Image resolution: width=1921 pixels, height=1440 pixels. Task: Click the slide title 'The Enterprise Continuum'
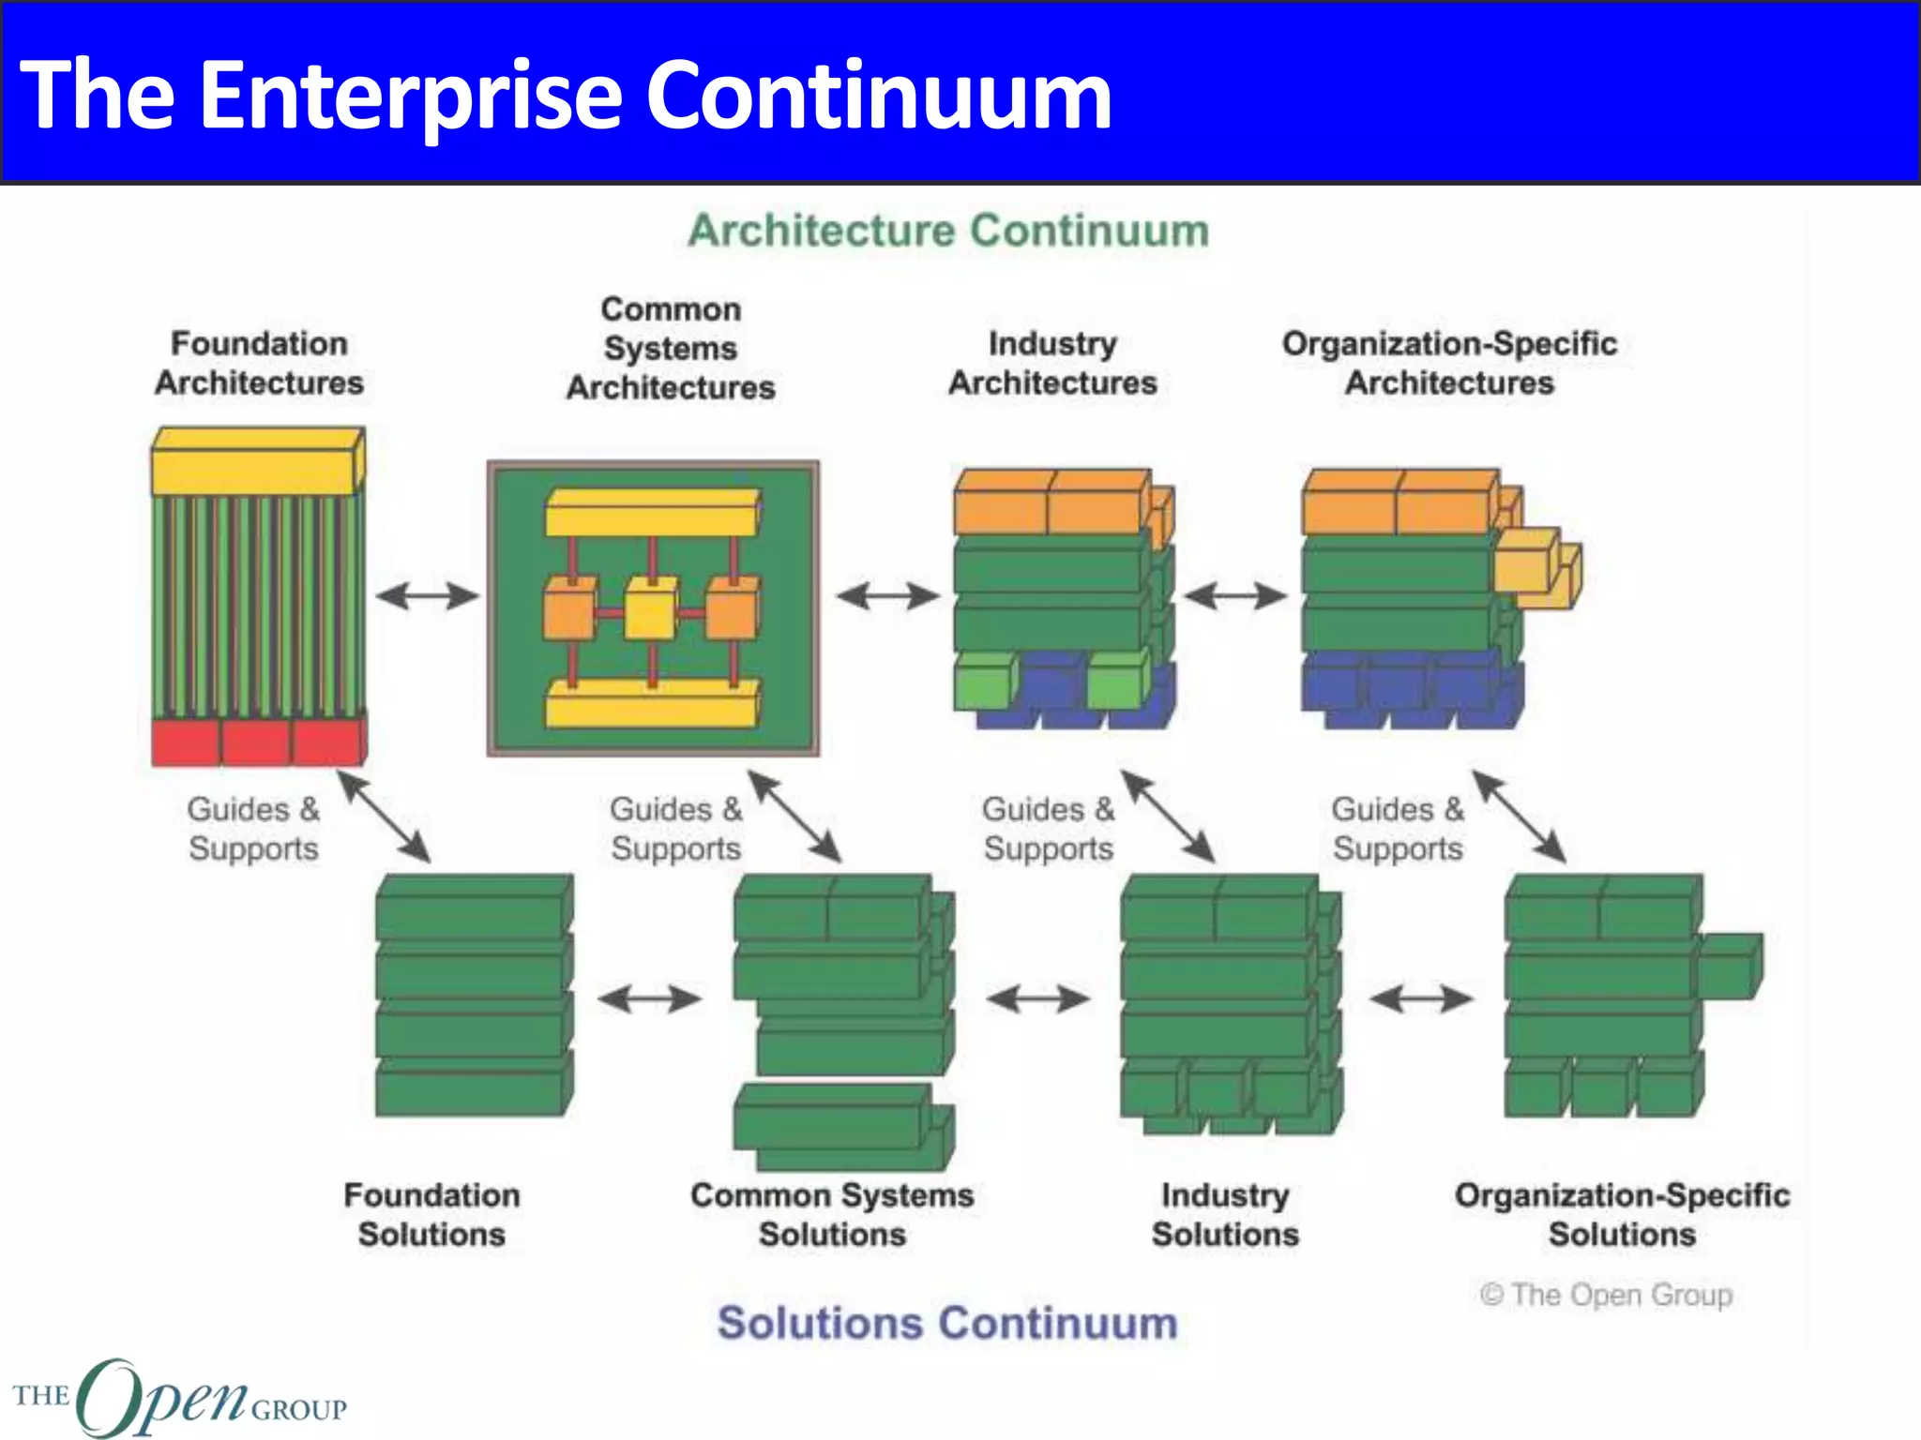566,95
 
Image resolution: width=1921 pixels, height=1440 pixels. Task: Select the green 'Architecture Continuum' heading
948,231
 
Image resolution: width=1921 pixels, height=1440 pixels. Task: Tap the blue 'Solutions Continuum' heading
947,1323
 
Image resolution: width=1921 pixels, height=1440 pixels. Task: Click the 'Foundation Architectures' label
260,363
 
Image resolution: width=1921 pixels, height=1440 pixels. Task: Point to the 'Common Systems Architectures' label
671,348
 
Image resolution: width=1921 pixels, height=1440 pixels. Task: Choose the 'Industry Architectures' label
1052,363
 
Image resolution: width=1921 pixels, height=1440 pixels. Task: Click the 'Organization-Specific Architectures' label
1449,363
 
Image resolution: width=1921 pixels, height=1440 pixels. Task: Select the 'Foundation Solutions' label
431,1214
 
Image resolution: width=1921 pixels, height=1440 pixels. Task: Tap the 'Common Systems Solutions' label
832,1214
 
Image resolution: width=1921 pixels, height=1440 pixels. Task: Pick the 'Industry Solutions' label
1225,1214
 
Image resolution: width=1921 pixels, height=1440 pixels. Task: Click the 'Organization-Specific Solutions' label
1622,1214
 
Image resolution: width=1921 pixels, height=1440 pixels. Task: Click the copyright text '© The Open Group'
1606,1295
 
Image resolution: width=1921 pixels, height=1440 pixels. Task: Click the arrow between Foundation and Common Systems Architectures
428,595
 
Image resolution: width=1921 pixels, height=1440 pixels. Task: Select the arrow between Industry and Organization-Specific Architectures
1235,595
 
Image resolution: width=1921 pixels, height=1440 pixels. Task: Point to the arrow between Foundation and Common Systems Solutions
649,998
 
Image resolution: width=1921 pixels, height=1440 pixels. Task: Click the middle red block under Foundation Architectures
255,742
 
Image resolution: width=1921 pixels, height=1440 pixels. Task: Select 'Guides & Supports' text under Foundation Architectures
253,829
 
